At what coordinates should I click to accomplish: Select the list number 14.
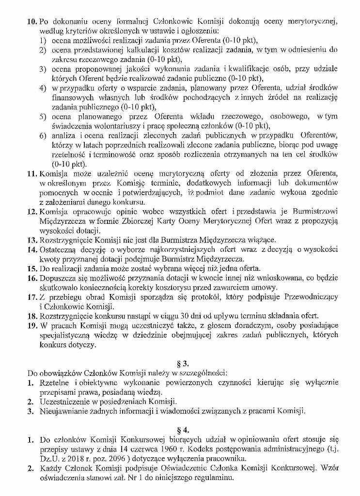coord(31,250)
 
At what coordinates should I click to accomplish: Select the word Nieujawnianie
coord(63,411)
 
